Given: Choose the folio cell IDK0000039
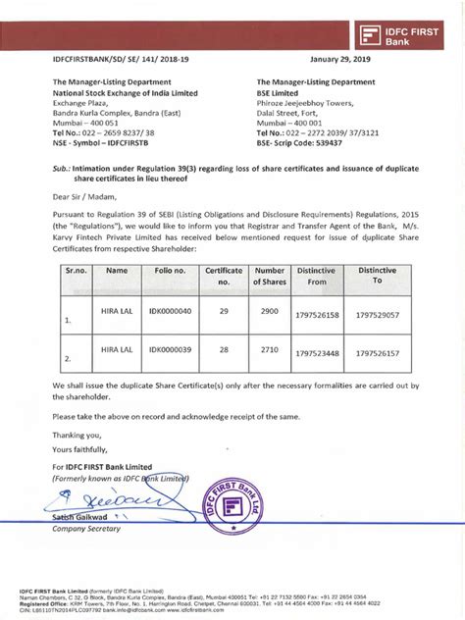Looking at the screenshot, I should click(171, 348).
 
